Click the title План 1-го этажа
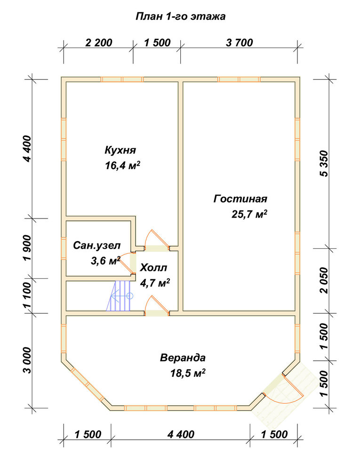coord(181,16)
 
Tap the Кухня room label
coord(120,150)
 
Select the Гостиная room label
coord(240,199)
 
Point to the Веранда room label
coord(183,358)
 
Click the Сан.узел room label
coord(96,246)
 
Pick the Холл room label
coord(153,268)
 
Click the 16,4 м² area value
coord(122,165)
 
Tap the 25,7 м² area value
coord(249,214)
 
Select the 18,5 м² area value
coord(188,374)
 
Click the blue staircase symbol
coord(119,296)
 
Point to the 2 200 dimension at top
coord(99,43)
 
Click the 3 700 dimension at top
coord(240,43)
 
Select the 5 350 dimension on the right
coord(325,164)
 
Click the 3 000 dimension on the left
coord(27,360)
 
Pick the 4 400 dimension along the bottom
coord(181,434)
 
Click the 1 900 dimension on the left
coord(27,248)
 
